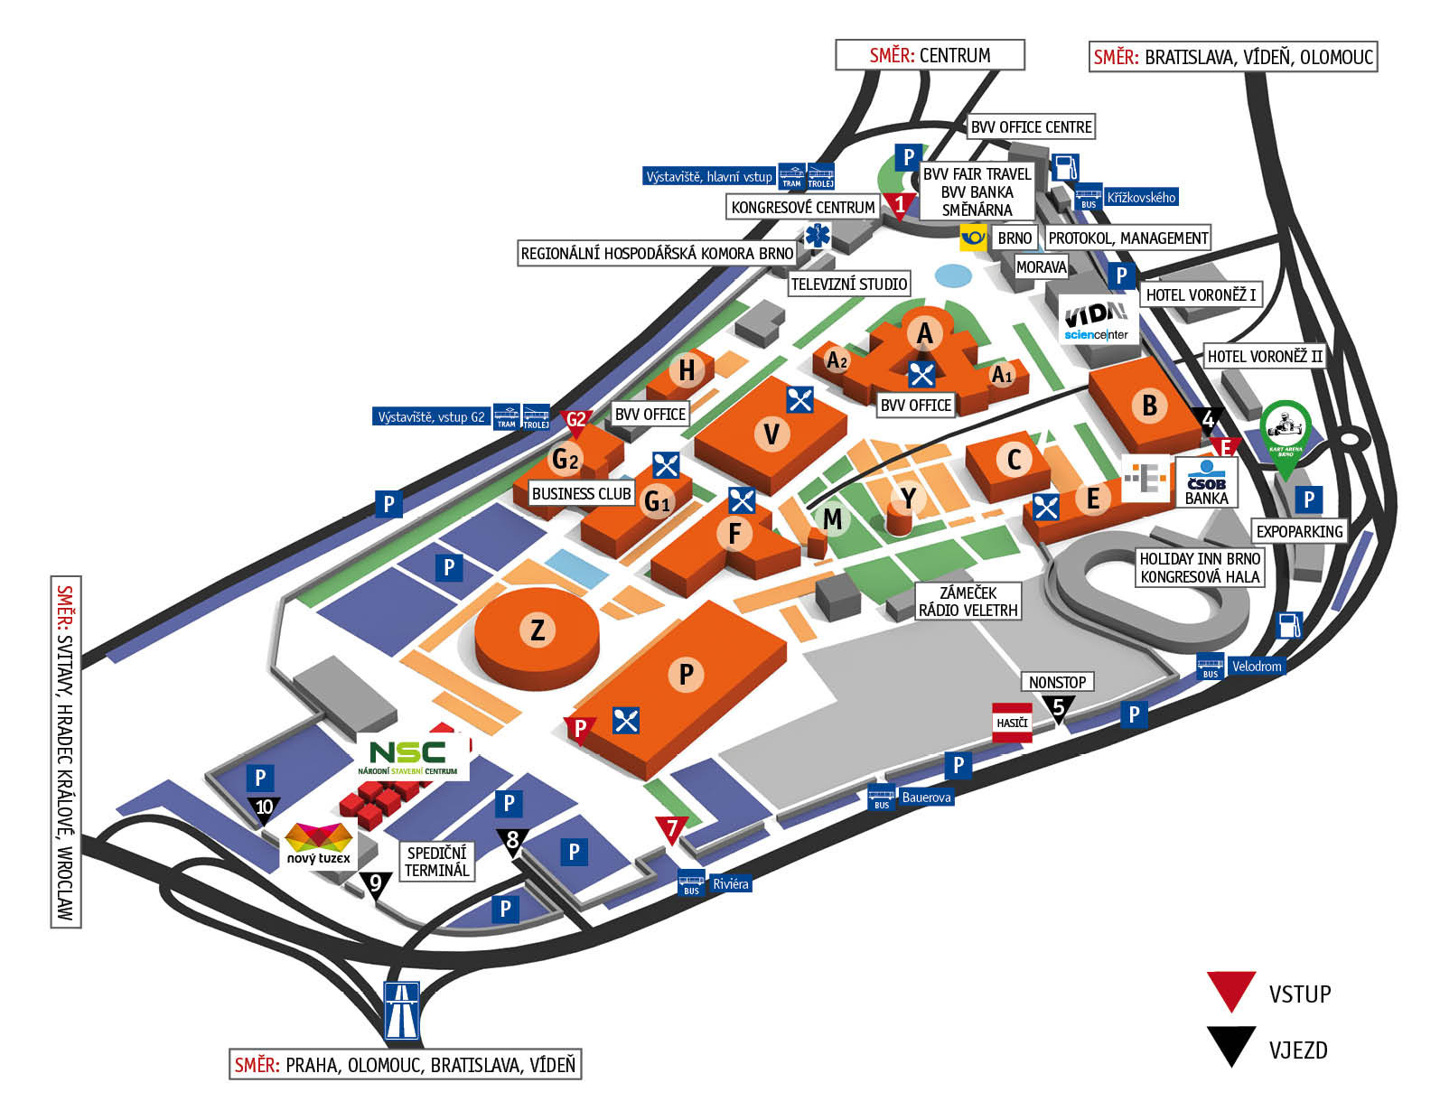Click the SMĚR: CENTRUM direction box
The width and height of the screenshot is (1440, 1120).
click(930, 55)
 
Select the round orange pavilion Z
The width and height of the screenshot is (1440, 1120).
click(537, 630)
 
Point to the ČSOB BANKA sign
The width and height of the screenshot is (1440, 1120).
click(1206, 482)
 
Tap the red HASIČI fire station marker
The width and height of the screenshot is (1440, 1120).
click(1012, 723)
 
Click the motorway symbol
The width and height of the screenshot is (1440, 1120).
click(402, 1010)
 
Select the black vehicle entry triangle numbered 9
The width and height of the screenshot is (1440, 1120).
click(376, 884)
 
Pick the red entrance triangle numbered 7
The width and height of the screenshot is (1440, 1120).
click(671, 828)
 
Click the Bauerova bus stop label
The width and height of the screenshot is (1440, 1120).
click(926, 798)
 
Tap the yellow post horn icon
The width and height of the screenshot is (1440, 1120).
click(972, 238)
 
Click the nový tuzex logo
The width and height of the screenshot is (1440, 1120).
click(319, 845)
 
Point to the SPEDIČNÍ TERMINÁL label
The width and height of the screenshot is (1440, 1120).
click(437, 862)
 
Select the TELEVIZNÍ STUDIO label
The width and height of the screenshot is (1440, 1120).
click(848, 285)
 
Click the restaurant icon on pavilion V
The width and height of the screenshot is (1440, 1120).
click(799, 399)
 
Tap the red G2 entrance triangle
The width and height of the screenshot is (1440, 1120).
click(575, 421)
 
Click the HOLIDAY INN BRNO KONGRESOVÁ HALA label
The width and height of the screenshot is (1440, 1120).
click(1200, 568)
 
